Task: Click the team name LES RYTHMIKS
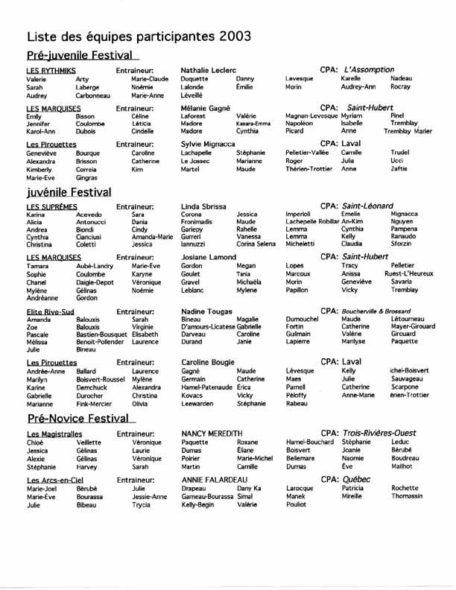click(51, 70)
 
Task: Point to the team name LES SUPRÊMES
click(52, 206)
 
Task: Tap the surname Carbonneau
click(93, 96)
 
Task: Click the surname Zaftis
click(399, 169)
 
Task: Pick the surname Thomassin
click(407, 495)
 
